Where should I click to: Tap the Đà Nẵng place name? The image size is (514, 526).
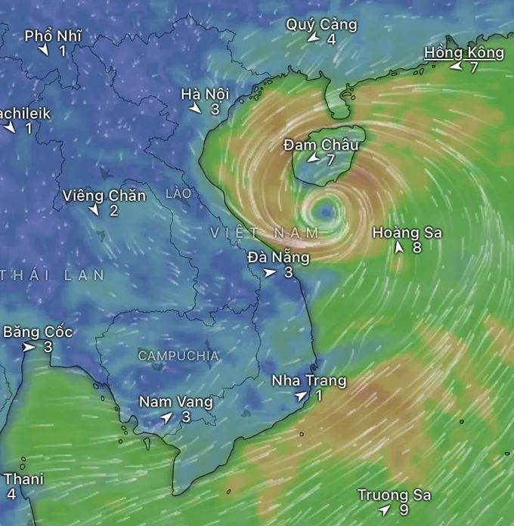[x=278, y=257]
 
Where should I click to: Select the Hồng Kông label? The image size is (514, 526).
[x=463, y=52]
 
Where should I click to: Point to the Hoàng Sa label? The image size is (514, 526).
[x=407, y=233]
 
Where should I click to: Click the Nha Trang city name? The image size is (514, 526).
[x=308, y=381]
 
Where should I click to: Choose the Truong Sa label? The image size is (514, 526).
[x=394, y=495]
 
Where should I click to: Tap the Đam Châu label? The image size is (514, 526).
[x=320, y=144]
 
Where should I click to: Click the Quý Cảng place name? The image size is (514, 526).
[x=321, y=24]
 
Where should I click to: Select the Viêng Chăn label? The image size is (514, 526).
[x=104, y=196]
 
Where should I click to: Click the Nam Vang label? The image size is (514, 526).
[x=175, y=402]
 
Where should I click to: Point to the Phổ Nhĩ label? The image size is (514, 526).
[x=53, y=36]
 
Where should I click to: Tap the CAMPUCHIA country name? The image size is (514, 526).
[x=178, y=355]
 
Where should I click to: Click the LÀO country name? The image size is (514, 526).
[x=178, y=194]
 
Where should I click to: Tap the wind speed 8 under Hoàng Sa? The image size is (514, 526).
[x=416, y=247]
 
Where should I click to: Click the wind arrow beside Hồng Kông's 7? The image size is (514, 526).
[x=456, y=67]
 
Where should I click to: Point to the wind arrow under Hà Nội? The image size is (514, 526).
[x=195, y=109]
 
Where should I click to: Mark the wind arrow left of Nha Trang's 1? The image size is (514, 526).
[x=301, y=396]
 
